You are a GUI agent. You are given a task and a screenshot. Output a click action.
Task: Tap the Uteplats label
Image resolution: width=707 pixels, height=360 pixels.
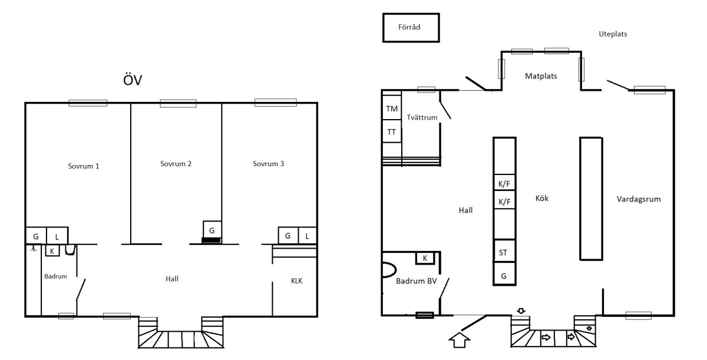(613, 34)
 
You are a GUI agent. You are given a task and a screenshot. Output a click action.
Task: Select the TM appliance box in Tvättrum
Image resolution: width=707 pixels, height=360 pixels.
(392, 108)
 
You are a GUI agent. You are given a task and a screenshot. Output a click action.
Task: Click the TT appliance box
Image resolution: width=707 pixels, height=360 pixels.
(392, 131)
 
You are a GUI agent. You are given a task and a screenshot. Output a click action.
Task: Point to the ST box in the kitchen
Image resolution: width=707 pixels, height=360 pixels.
(504, 252)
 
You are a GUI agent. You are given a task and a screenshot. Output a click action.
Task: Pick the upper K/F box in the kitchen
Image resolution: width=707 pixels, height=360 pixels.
(504, 183)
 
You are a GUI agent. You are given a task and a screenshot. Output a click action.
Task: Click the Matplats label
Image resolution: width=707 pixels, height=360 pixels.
(541, 76)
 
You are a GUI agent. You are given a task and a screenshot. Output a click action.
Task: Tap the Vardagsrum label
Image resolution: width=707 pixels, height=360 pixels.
(639, 199)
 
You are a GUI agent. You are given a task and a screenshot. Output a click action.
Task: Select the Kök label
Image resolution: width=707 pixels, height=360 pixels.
(542, 198)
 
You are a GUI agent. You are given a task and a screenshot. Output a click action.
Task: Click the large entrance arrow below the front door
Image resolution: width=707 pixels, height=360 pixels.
(460, 340)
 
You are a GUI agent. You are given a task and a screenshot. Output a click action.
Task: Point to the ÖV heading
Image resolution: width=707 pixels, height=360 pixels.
(133, 80)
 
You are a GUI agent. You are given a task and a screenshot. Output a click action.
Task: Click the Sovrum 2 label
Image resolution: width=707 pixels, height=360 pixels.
(176, 164)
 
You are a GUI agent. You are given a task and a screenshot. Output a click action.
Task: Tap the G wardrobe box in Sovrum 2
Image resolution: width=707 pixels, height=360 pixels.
(212, 230)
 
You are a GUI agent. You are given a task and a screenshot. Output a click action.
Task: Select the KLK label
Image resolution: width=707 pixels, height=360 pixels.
(297, 281)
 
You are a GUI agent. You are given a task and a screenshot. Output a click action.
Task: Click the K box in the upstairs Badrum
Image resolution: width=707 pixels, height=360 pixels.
(52, 251)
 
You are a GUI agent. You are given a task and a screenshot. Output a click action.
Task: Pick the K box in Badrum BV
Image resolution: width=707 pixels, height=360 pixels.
(425, 258)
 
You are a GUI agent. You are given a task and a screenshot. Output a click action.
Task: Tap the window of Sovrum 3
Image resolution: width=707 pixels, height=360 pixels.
(276, 103)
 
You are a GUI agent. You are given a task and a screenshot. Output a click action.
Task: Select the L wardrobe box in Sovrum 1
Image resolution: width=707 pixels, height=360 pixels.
(57, 236)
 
